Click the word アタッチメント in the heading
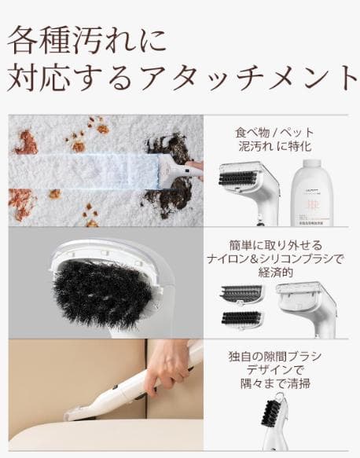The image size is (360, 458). click(x=252, y=76)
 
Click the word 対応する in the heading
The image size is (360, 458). click(x=75, y=76)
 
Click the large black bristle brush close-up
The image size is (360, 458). click(x=102, y=291)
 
